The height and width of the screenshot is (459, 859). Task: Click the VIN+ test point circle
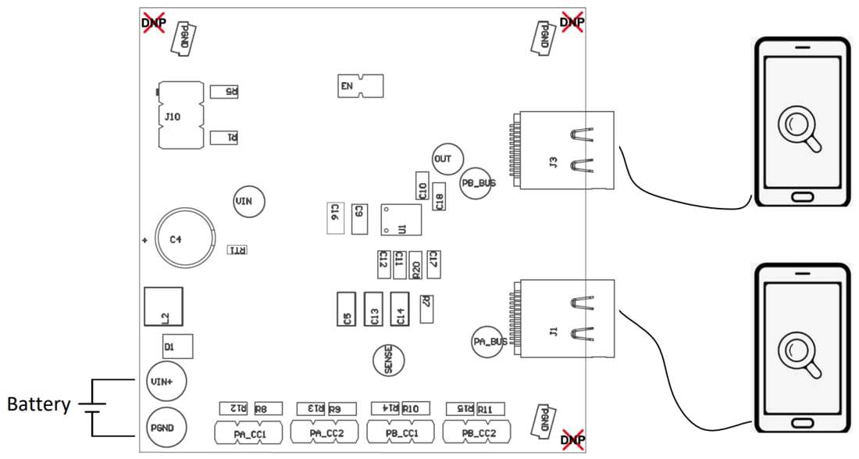[164, 382]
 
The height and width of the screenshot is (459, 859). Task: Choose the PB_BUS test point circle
[477, 184]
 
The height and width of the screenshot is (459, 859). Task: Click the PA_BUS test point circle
[489, 342]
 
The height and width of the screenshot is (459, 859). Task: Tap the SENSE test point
[389, 360]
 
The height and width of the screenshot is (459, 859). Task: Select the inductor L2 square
[163, 307]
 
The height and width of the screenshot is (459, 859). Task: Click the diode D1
[176, 346]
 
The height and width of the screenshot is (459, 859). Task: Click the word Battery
[38, 405]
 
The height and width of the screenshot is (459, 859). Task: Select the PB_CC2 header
[477, 432]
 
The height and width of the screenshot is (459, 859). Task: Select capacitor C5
[346, 309]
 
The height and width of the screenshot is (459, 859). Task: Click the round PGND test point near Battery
[164, 429]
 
